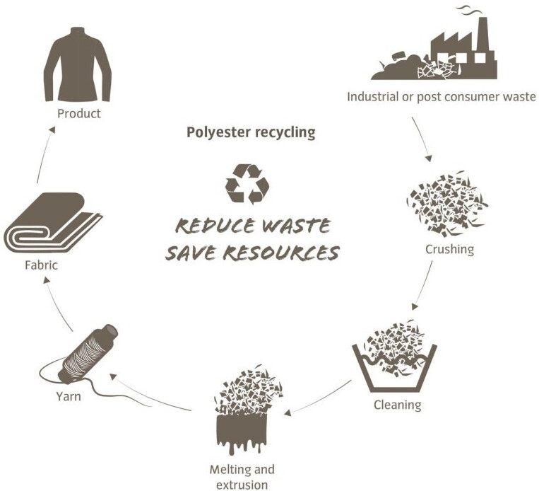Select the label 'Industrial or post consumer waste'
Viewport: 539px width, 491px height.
coord(442,96)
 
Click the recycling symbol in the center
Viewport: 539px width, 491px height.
coord(247,184)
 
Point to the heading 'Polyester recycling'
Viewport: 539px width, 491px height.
coord(251,132)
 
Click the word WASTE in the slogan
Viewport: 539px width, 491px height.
coord(295,226)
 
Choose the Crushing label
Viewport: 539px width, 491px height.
coord(449,249)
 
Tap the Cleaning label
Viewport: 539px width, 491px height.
coord(397,405)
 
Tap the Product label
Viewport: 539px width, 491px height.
coord(78,113)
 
